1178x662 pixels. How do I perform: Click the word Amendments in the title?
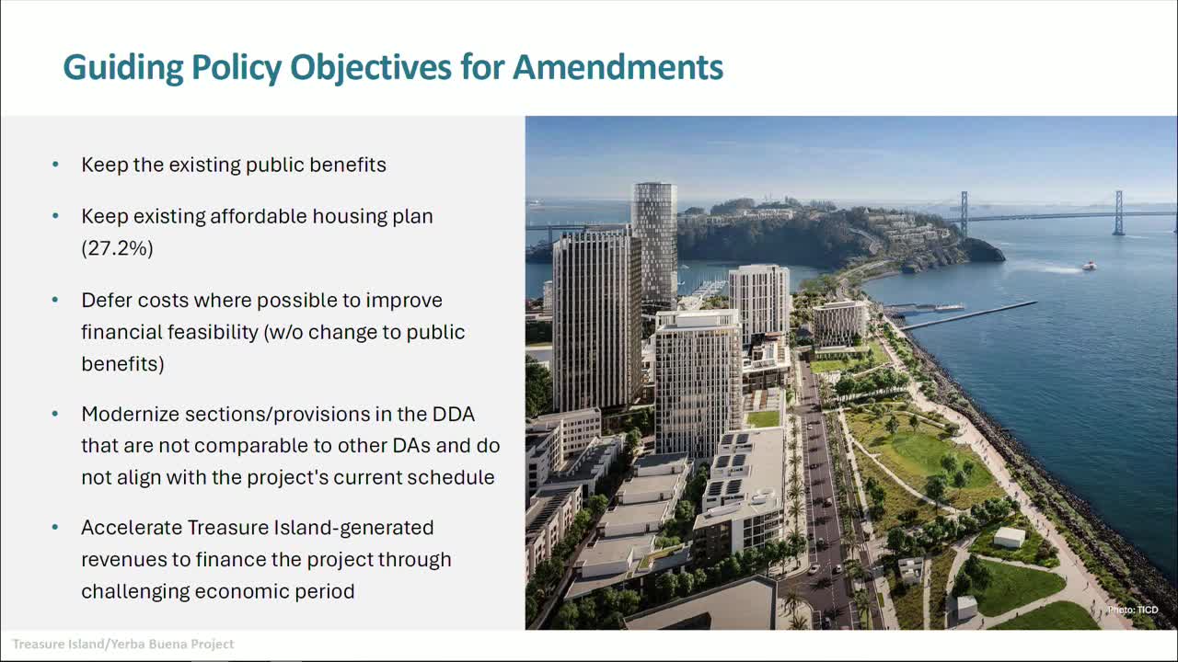(618, 67)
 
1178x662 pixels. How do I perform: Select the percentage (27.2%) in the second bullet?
(117, 247)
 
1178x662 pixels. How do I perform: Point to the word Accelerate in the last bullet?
(131, 528)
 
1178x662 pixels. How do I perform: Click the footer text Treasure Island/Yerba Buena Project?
(123, 644)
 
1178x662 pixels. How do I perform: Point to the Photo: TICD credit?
(1133, 610)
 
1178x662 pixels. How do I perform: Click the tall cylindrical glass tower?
(654, 239)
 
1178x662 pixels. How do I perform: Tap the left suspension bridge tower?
(964, 213)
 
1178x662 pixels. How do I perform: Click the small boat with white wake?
(1089, 266)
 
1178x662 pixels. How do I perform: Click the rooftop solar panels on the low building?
(736, 469)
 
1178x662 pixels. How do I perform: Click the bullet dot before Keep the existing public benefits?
(56, 165)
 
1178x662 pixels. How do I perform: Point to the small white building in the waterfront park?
(1010, 537)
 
